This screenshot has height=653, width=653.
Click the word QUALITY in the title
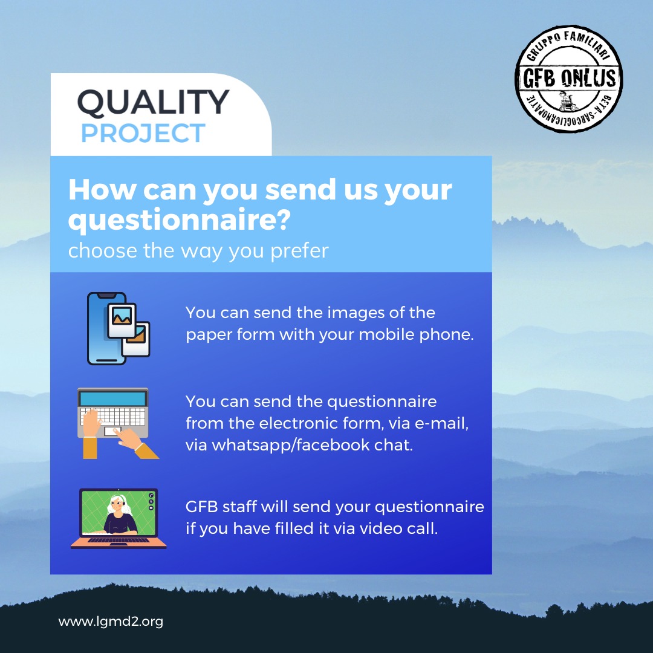153,102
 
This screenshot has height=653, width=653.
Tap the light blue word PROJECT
143,133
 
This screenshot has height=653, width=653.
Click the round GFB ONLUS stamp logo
568,79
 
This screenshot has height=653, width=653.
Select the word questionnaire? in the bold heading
179,220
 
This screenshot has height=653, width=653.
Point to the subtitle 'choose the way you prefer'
198,251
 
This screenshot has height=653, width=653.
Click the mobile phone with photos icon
119,328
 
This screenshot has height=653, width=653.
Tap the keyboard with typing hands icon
119,423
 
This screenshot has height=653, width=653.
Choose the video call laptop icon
119,519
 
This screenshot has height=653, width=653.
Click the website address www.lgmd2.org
111,622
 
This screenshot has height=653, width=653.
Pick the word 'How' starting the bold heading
102,189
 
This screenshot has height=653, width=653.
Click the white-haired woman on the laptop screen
120,515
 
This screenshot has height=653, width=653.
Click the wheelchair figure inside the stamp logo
567,101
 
